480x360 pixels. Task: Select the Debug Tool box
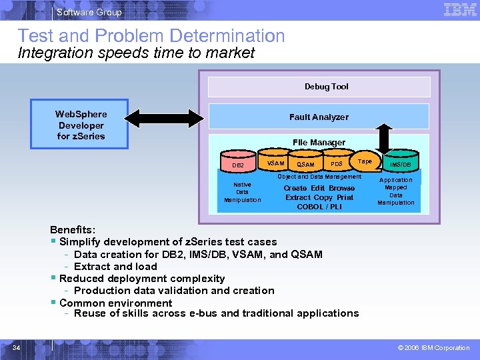click(x=319, y=87)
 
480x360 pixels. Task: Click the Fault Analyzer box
click(x=319, y=117)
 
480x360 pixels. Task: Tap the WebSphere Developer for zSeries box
click(x=81, y=125)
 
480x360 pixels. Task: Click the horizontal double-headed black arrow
click(x=164, y=119)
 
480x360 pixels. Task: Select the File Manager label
click(x=319, y=142)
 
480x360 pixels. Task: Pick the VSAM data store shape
click(x=275, y=163)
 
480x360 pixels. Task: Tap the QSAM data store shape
click(x=305, y=164)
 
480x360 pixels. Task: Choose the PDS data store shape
click(x=337, y=164)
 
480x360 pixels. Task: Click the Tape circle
click(x=365, y=161)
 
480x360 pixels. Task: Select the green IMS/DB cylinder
click(x=401, y=164)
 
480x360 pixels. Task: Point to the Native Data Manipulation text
click(x=243, y=192)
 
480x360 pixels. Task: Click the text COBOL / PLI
click(x=319, y=207)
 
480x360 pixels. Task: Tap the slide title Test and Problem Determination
click(x=151, y=36)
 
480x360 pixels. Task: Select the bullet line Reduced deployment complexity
click(x=142, y=278)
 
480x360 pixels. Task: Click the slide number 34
click(x=17, y=347)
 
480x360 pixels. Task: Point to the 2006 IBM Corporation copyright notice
click(x=433, y=347)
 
